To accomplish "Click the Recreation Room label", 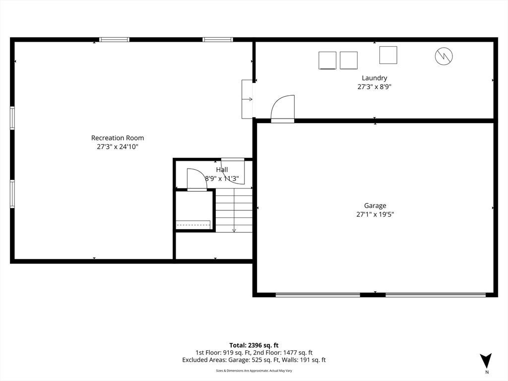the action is click(x=117, y=138).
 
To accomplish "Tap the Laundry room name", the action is click(x=374, y=78).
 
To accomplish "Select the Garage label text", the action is click(x=375, y=205).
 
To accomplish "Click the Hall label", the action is click(x=222, y=170).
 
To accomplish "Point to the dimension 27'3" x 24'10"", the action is click(x=117, y=147).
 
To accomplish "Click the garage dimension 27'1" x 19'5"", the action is click(x=375, y=214).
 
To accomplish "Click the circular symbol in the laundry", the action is click(x=444, y=56).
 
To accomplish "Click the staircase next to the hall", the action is click(x=234, y=210).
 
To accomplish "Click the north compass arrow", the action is click(x=486, y=361).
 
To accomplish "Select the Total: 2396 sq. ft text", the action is click(x=254, y=345).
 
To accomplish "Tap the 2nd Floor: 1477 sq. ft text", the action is click(x=283, y=353).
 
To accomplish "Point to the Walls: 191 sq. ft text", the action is click(x=304, y=360).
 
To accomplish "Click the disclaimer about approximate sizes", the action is click(x=254, y=371).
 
